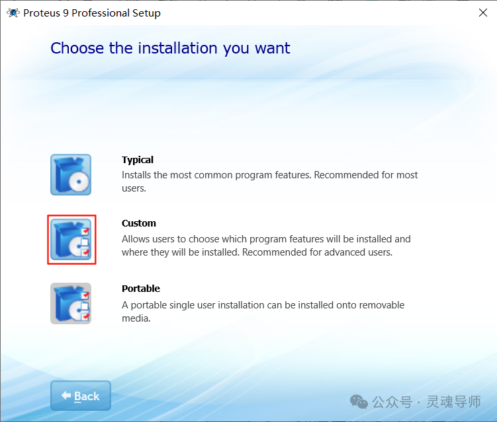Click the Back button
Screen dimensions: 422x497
click(80, 396)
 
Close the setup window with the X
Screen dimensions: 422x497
click(483, 13)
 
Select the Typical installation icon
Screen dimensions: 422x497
click(71, 174)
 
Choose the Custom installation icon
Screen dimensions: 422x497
click(71, 239)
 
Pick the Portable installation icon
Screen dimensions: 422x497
click(71, 303)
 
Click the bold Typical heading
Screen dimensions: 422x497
click(138, 160)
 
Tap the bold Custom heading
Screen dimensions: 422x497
click(139, 223)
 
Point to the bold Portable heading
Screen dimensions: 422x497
click(141, 289)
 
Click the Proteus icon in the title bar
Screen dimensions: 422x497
click(13, 13)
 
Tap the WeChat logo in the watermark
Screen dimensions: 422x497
click(359, 402)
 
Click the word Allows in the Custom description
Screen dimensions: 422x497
click(136, 239)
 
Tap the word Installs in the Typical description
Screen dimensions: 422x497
click(137, 175)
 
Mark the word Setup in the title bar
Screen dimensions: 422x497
click(146, 13)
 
